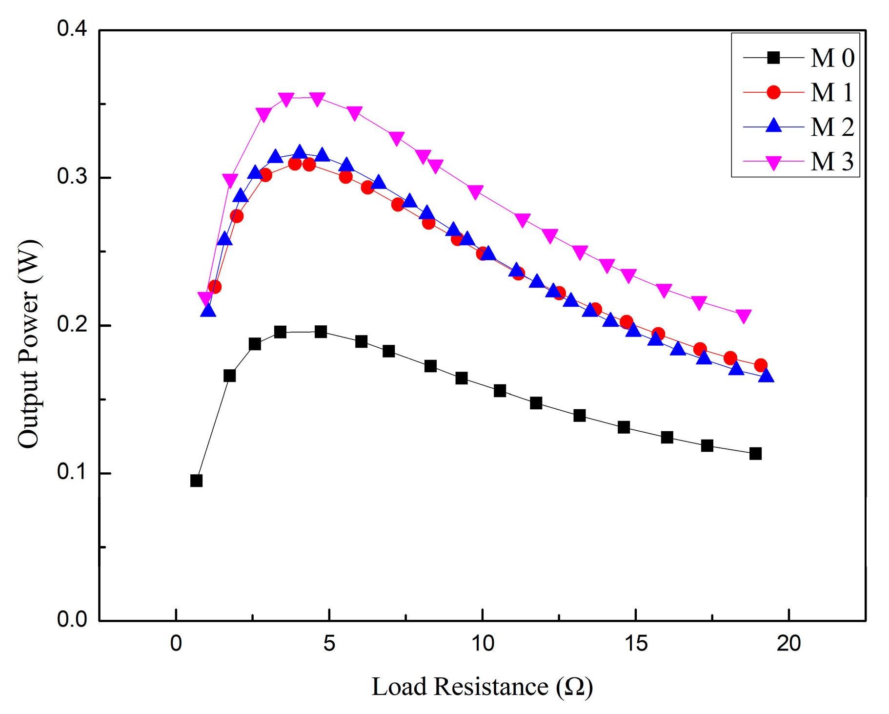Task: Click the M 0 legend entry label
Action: (832, 58)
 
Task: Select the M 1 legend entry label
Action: (832, 92)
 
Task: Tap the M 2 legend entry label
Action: (832, 127)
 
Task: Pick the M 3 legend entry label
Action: (832, 162)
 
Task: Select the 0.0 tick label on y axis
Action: (72, 619)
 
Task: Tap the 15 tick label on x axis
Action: (636, 644)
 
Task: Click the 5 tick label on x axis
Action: (329, 644)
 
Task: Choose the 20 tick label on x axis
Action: (788, 644)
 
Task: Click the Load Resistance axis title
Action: (482, 687)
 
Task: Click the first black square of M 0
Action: (196, 481)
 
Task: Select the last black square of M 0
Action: (755, 454)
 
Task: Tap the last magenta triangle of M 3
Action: (743, 316)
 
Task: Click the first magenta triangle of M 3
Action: (205, 298)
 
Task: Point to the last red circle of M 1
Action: (760, 365)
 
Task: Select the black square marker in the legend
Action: (773, 58)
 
